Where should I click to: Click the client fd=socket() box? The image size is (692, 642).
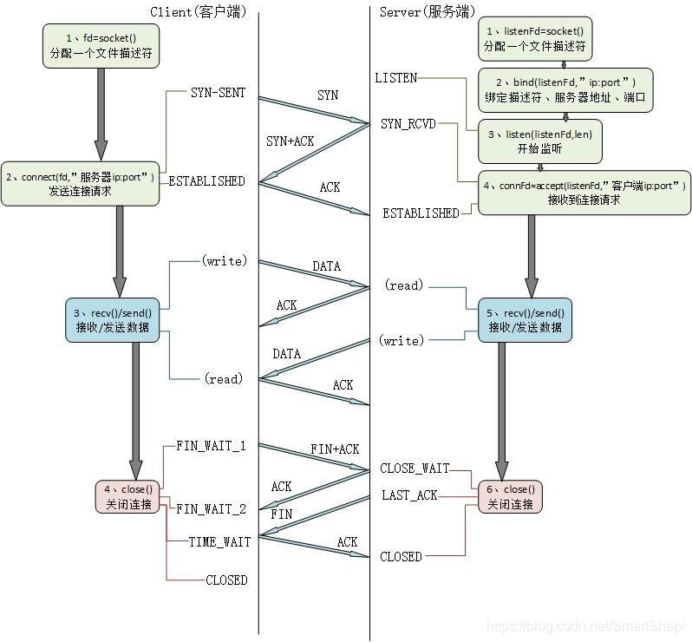102,46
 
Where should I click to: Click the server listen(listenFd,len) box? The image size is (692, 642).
540,141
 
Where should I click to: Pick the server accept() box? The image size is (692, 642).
584,192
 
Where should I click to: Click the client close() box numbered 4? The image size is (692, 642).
127,496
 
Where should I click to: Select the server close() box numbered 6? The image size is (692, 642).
509,496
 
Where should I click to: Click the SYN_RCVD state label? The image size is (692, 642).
408,125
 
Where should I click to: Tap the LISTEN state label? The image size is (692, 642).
395,78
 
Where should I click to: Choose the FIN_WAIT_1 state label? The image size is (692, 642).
211,446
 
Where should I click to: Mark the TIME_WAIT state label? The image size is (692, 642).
219,541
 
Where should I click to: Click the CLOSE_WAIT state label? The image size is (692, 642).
415,468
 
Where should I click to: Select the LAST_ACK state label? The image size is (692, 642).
409,495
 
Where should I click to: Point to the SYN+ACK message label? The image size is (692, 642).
291,141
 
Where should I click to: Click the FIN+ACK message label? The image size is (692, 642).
335,449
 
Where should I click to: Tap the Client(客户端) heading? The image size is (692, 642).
198,11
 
